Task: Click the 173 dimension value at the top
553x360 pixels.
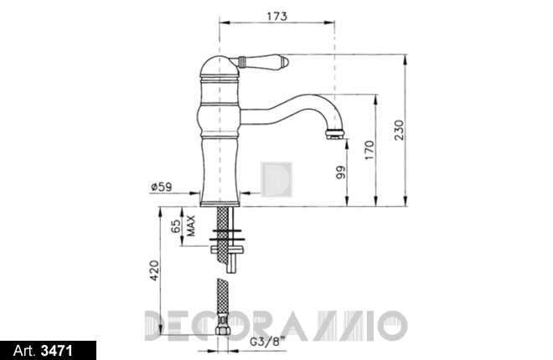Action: point(277,16)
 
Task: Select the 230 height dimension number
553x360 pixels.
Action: point(399,131)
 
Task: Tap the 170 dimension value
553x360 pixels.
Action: point(370,150)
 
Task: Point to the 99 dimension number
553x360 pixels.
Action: point(341,172)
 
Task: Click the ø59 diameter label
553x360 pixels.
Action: point(162,187)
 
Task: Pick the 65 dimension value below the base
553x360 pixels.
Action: point(176,227)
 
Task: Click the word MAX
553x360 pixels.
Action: point(191,226)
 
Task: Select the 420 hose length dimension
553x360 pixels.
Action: point(154,270)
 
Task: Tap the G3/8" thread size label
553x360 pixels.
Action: point(267,342)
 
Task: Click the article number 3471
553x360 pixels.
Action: point(57,351)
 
